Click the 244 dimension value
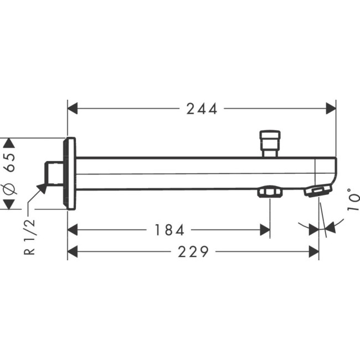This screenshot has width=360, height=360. (202, 109)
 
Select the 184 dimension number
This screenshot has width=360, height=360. (169, 229)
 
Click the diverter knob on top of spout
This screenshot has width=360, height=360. (270, 142)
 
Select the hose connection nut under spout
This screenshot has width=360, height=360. (270, 193)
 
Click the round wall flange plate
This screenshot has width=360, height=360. (70, 173)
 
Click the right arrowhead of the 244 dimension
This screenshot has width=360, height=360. (331, 109)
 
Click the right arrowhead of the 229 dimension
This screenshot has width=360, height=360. (314, 253)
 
